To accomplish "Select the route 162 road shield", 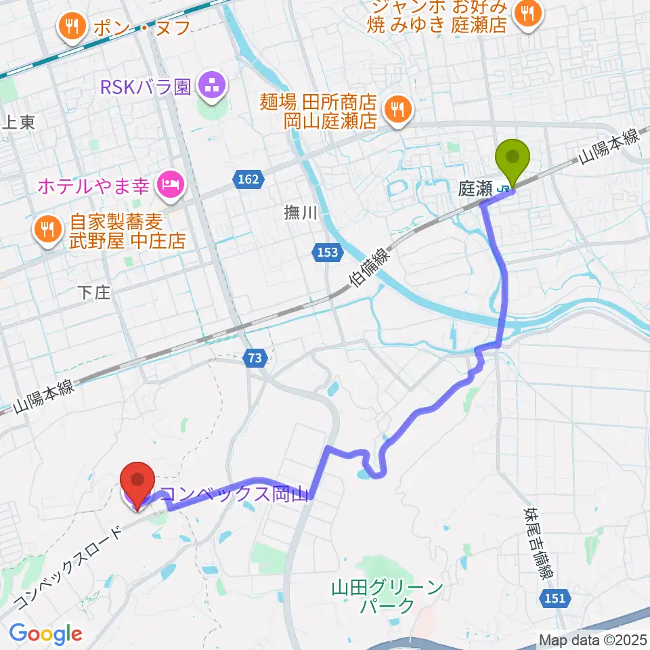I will click(x=248, y=179).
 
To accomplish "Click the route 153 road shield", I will click(x=326, y=252).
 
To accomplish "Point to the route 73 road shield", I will click(x=254, y=360).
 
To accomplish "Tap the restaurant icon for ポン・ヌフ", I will click(x=71, y=27).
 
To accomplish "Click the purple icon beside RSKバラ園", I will click(x=213, y=87).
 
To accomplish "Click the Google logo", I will click(x=45, y=634).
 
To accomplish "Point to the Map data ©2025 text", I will click(x=592, y=639).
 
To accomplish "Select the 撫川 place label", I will click(x=300, y=213).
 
